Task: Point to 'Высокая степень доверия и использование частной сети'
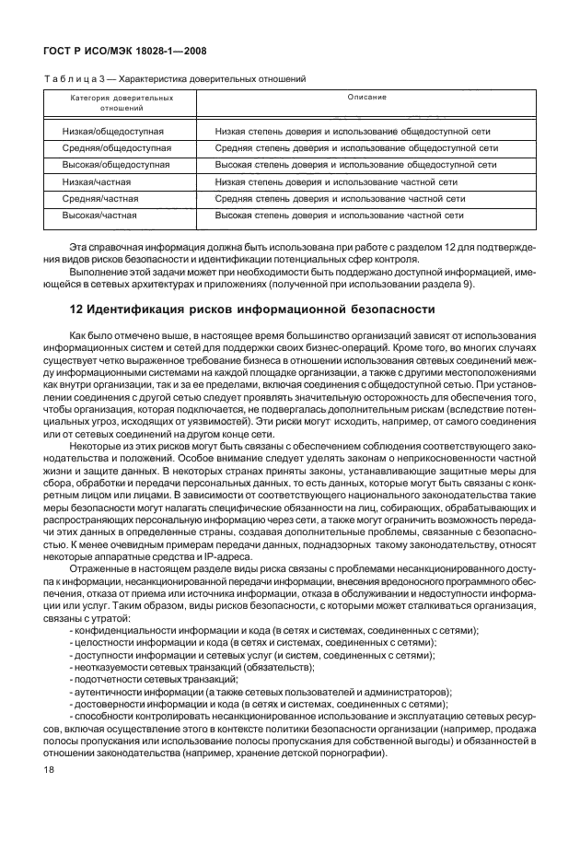coord(338,215)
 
